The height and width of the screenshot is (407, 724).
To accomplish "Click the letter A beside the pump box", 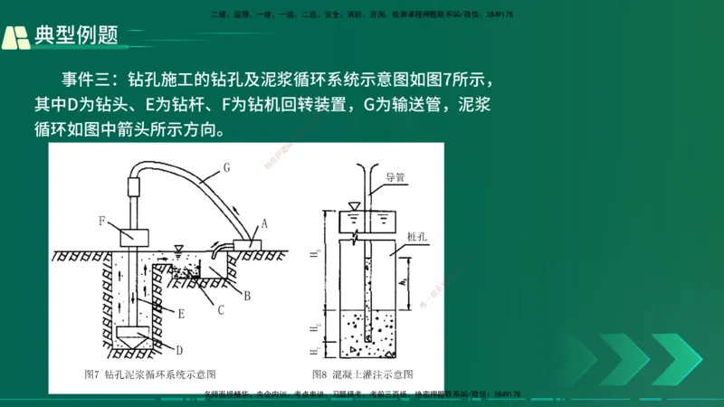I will point(264,222).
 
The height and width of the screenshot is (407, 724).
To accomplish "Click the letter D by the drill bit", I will point(180,349).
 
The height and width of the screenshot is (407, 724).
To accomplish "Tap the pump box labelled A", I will point(246,243).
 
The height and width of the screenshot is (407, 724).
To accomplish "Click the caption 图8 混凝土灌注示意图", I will point(362,374).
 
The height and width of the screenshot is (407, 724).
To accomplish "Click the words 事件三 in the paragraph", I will point(88,79).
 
